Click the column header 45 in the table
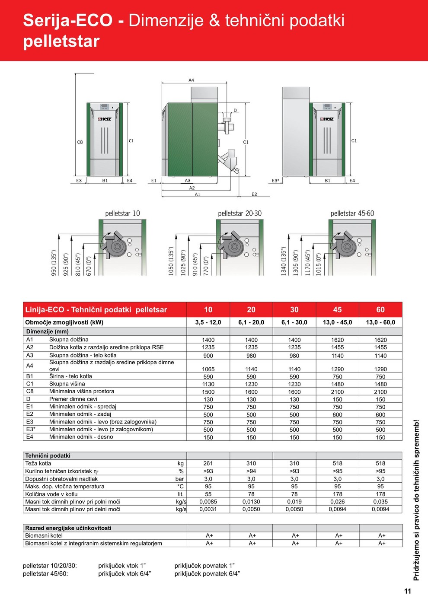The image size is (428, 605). [x=337, y=309]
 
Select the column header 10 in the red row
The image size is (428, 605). [x=208, y=309]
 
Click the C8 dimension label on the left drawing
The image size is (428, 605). [x=80, y=142]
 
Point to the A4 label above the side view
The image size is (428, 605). [x=191, y=80]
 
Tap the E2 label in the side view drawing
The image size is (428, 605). [x=254, y=194]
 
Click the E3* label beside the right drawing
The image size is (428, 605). [x=275, y=181]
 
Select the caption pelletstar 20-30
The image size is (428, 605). [x=240, y=213]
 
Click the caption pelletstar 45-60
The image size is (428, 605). [x=352, y=213]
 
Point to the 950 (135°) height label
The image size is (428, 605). [x=54, y=263]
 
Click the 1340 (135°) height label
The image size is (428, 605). [x=284, y=261]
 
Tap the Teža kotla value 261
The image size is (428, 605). [x=208, y=463]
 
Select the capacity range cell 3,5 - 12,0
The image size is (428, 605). [x=208, y=322]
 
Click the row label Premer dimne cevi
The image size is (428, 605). [x=73, y=399]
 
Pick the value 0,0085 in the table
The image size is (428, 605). [x=208, y=502]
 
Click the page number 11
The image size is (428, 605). [x=408, y=591]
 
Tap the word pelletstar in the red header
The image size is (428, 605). [x=61, y=41]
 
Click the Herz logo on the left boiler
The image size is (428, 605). [x=105, y=119]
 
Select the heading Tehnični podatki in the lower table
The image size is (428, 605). [x=48, y=455]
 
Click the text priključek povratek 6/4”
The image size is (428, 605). [x=207, y=574]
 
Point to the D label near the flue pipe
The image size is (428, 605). [x=235, y=111]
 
